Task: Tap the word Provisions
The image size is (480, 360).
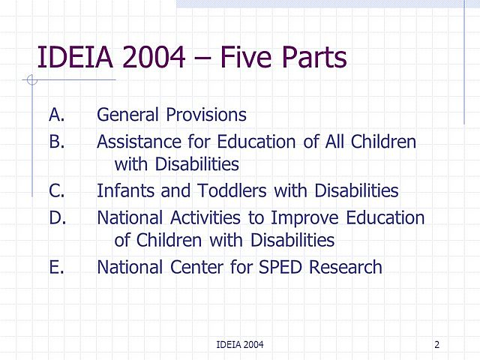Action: click(x=205, y=115)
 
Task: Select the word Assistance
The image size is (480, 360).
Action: click(x=138, y=141)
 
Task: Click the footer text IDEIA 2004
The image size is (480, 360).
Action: click(x=239, y=344)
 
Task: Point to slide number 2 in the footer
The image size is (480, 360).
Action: click(x=436, y=344)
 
